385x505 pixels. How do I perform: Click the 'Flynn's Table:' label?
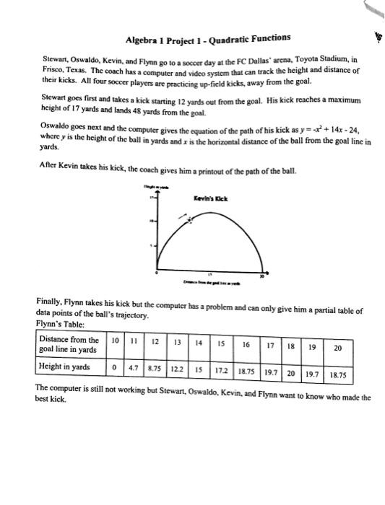pos(56,324)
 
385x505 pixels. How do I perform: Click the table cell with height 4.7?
pos(133,367)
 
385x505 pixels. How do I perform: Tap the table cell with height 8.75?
pos(153,367)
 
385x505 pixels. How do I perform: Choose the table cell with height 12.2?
pos(176,367)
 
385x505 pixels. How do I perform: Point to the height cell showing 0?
pos(116,367)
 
